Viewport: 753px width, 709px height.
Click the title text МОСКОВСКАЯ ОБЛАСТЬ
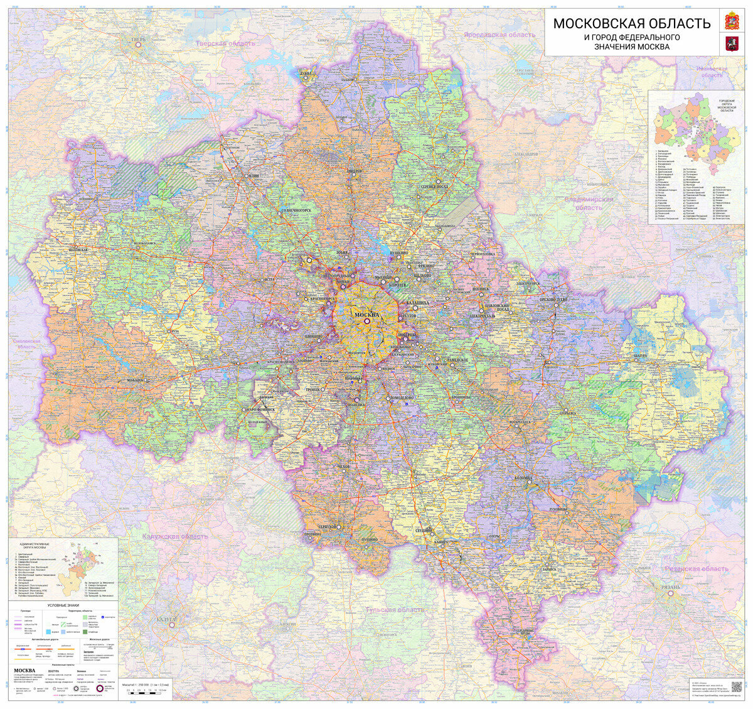pyautogui.click(x=631, y=24)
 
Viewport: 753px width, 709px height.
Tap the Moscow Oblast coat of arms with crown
pyautogui.click(x=730, y=19)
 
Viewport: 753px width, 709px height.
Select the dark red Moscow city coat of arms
pyautogui.click(x=730, y=43)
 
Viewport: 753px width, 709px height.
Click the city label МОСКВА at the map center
pyautogui.click(x=367, y=315)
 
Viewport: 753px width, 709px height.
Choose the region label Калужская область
pyautogui.click(x=174, y=536)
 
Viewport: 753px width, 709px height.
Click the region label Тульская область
pyautogui.click(x=396, y=610)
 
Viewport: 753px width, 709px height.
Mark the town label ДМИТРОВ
pyautogui.click(x=355, y=170)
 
